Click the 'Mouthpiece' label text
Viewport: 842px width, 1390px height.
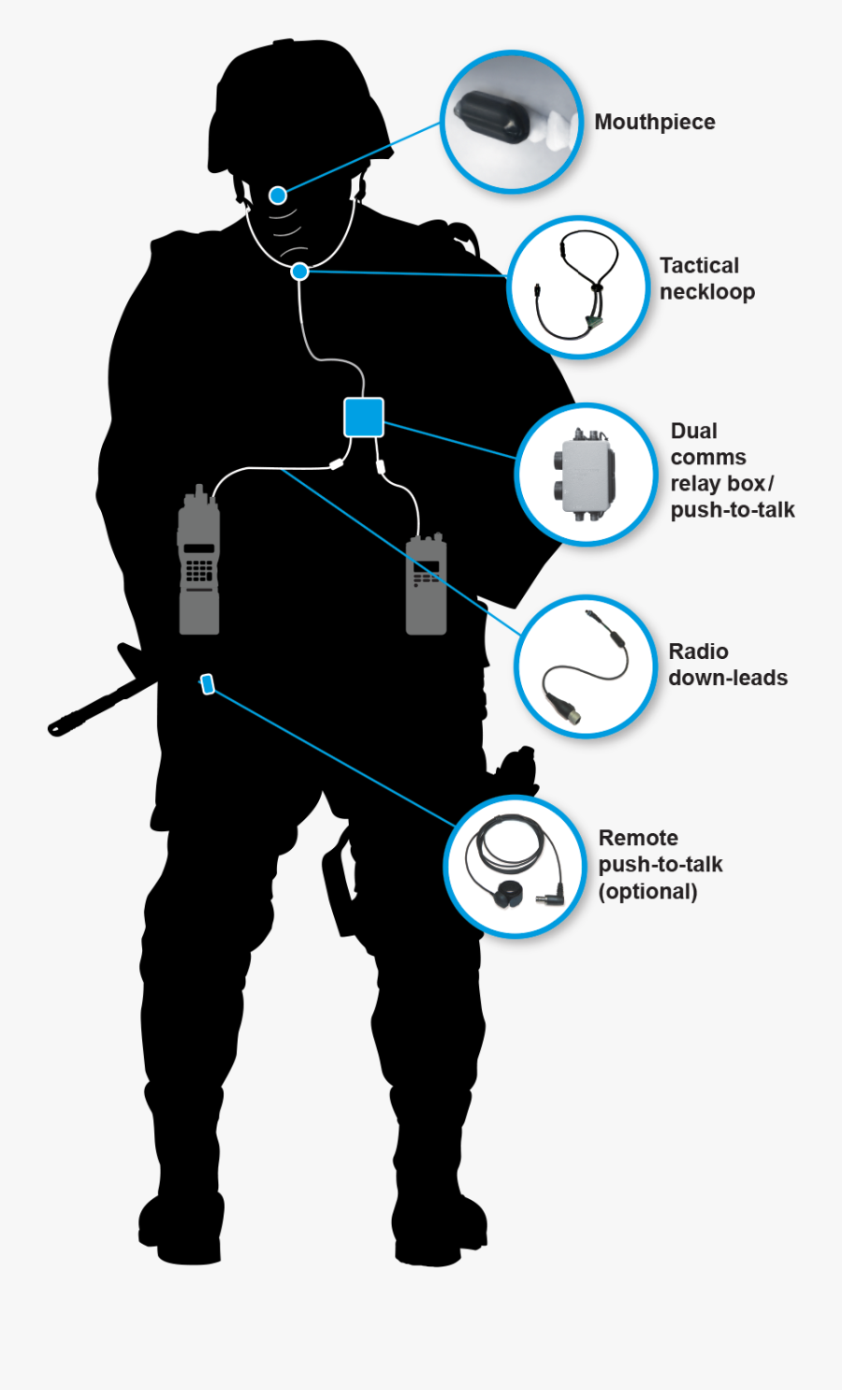(654, 122)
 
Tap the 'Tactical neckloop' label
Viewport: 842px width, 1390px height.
(706, 278)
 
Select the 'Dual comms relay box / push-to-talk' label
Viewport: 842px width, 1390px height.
(732, 470)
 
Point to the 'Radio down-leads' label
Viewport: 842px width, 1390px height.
(727, 665)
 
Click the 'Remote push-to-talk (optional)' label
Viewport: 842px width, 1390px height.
(660, 864)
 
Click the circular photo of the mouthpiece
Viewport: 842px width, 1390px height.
(511, 123)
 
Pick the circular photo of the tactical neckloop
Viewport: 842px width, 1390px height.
(577, 287)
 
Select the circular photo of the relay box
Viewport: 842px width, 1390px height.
(586, 475)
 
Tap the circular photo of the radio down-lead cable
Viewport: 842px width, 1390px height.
(585, 666)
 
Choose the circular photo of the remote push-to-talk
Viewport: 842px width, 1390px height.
(515, 867)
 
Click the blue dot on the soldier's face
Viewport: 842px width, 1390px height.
(278, 195)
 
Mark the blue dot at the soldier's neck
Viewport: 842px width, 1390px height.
(299, 271)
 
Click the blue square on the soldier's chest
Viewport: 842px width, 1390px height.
(363, 417)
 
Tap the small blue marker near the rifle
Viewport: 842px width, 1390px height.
(208, 684)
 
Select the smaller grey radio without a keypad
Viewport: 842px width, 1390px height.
(426, 585)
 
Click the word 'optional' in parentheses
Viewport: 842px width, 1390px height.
(647, 891)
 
